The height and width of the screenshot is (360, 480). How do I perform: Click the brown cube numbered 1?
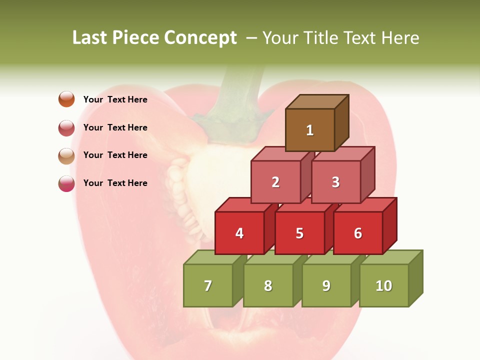[x=310, y=130]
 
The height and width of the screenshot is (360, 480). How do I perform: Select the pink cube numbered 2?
[x=275, y=182]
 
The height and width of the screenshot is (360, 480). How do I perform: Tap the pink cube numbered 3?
[x=335, y=182]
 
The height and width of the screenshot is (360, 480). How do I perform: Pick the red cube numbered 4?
[x=239, y=233]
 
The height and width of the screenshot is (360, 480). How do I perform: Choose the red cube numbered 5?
[x=299, y=233]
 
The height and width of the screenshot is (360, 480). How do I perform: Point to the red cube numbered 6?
[x=358, y=233]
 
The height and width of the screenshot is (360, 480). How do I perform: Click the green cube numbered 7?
[x=208, y=285]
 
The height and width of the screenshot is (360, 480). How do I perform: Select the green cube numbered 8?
[x=268, y=285]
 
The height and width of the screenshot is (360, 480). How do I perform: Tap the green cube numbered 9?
[x=326, y=285]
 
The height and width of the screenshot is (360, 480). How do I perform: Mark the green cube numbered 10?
[x=384, y=285]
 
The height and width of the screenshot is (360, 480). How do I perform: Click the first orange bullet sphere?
[x=66, y=99]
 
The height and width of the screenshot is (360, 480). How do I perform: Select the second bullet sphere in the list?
[x=66, y=128]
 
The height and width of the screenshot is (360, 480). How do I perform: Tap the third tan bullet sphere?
[x=66, y=156]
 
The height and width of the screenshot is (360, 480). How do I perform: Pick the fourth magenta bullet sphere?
[x=66, y=183]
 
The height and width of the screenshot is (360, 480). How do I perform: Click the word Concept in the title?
[x=200, y=38]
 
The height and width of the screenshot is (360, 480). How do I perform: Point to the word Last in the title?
[x=90, y=38]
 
